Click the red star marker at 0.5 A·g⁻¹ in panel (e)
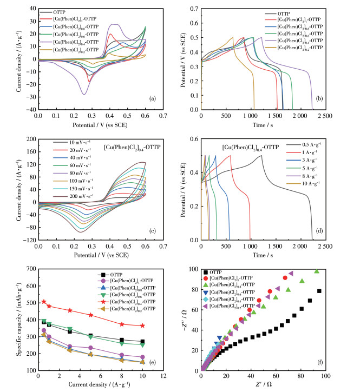(x=44, y=301)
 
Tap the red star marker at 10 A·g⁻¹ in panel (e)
(x=142, y=325)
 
